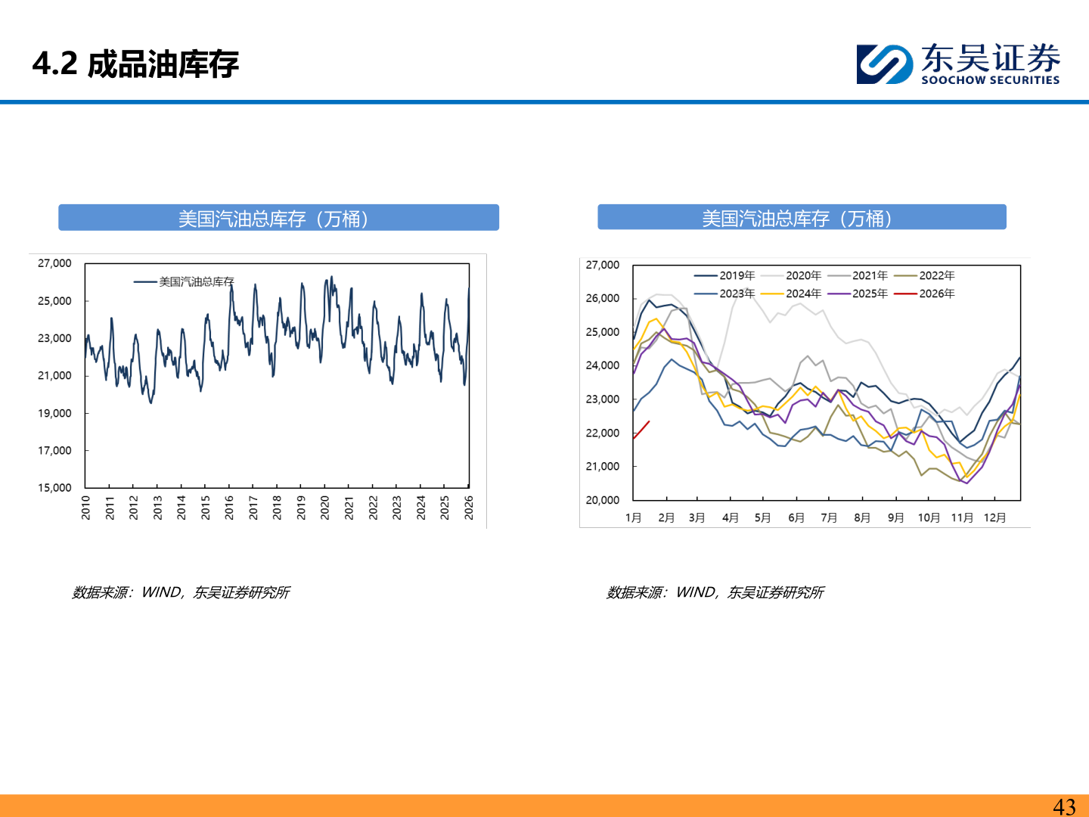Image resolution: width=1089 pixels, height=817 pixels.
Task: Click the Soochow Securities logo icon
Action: tap(884, 64)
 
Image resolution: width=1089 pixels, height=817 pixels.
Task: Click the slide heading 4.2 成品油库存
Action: tap(136, 64)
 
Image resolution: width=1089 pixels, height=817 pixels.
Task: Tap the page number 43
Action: tap(1064, 806)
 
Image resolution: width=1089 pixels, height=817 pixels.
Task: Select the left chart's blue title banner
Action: tap(278, 218)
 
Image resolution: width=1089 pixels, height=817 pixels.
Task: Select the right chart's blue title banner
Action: tap(802, 218)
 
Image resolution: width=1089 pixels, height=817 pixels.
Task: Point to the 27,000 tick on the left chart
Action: tap(54, 263)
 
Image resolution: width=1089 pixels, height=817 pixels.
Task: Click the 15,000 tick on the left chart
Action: tap(54, 488)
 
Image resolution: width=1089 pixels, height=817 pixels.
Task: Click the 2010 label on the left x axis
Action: tap(85, 508)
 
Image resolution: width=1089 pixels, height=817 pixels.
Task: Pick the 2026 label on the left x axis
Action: tap(469, 508)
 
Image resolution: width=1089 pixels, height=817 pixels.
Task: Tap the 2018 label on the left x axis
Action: tap(277, 508)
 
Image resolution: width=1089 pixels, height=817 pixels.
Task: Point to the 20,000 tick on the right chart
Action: tap(602, 500)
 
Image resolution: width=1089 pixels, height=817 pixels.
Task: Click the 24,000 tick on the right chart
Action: tap(602, 365)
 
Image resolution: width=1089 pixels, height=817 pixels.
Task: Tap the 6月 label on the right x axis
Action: tap(796, 517)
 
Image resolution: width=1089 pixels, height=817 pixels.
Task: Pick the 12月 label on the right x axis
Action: tap(994, 517)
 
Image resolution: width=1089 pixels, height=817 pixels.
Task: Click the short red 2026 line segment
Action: tap(641, 430)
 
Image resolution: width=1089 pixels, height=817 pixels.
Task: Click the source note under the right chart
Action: tap(715, 592)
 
